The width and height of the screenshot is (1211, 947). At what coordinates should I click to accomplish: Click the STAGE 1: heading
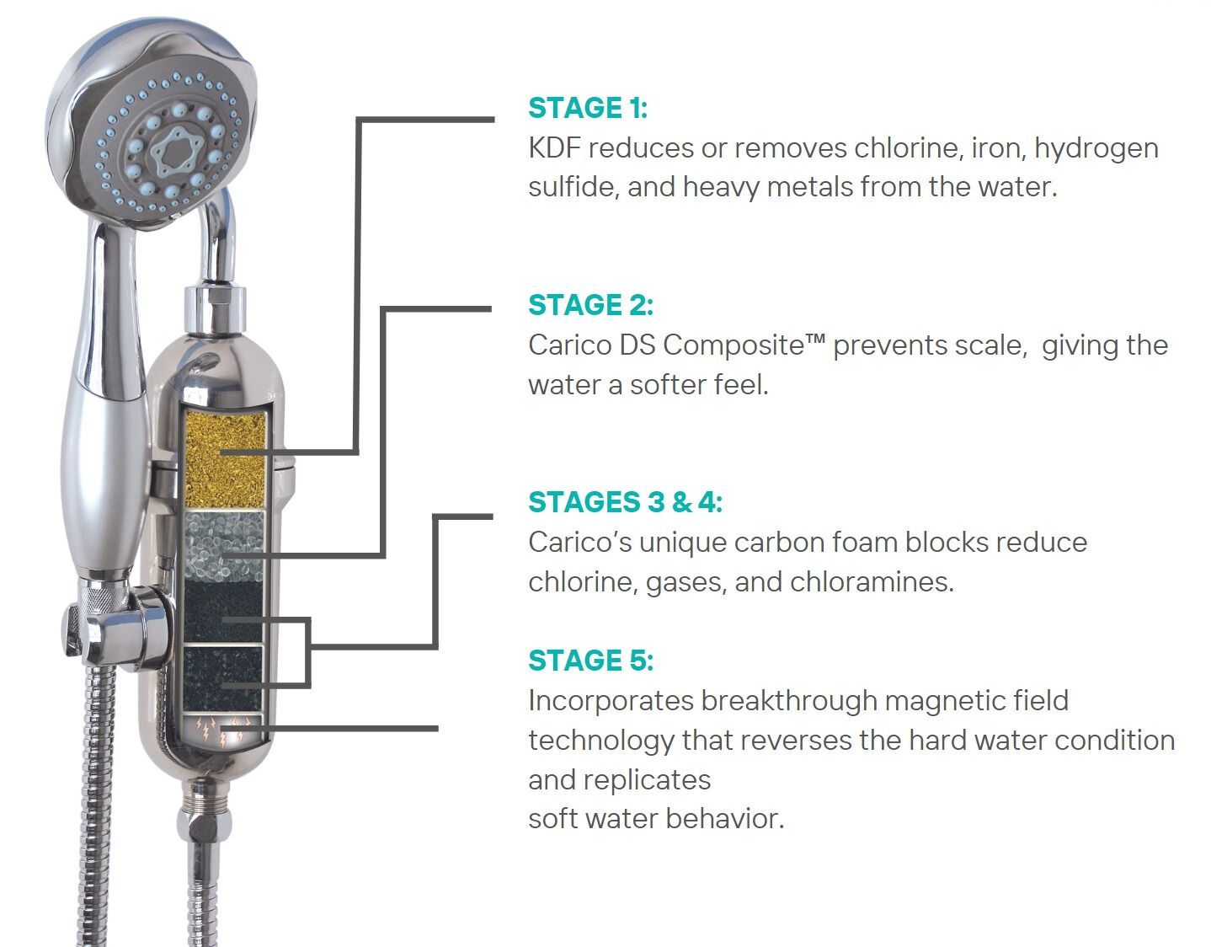coord(588,108)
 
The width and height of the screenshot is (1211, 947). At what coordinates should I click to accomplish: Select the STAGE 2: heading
coord(590,305)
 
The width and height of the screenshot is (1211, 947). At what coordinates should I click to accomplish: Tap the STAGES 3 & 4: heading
coord(625,501)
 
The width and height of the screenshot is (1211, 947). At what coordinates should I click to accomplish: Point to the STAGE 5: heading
coord(590,661)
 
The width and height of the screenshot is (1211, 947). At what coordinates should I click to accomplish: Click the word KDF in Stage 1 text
coord(554,148)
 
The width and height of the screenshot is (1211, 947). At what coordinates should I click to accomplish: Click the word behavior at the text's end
coord(724,819)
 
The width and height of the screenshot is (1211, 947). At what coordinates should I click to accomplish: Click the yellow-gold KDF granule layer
coord(225,458)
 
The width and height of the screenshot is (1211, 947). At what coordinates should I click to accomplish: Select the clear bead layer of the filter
coord(223,546)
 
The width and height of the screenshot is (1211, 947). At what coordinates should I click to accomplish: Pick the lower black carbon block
coord(222,678)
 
